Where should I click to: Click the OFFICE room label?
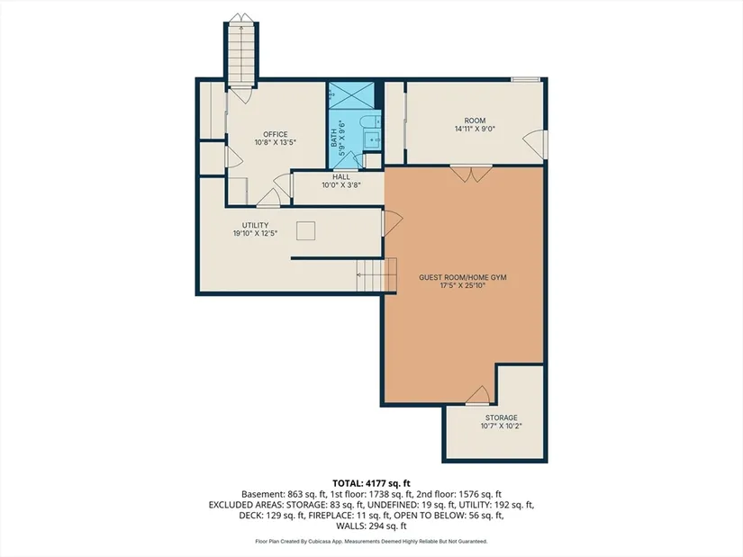pos(276,134)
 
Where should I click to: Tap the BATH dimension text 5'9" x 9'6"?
pos(341,134)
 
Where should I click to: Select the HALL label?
pos(341,177)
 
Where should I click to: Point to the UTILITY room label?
pos(256,225)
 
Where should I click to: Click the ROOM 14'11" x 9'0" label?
pos(475,124)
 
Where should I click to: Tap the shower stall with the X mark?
pos(351,95)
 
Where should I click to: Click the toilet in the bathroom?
pos(367,121)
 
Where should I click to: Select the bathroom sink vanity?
pos(373,139)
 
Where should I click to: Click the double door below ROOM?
pos(471,174)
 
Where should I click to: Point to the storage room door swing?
pos(477,396)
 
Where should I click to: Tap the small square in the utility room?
pos(305,230)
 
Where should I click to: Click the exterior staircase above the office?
pos(241,51)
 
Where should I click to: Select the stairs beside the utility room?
pos(376,275)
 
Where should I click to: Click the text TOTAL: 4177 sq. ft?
pos(371,483)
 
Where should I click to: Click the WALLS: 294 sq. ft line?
pos(371,526)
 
